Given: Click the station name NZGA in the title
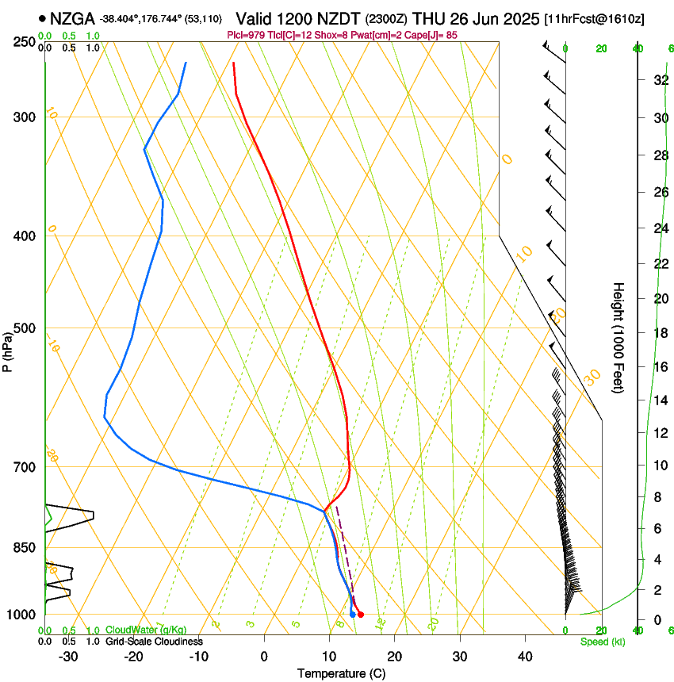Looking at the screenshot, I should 73,17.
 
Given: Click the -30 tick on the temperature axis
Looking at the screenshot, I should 68,656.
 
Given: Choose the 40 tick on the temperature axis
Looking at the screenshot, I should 525,656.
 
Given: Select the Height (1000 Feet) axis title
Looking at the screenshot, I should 618,337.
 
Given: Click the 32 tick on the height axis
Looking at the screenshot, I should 660,80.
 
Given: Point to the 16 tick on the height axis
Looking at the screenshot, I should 660,367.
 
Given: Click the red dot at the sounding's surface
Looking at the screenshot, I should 361,615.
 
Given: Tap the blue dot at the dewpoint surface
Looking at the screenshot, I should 353,615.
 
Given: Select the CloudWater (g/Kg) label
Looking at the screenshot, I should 144,630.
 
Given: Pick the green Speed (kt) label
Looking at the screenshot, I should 602,642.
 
